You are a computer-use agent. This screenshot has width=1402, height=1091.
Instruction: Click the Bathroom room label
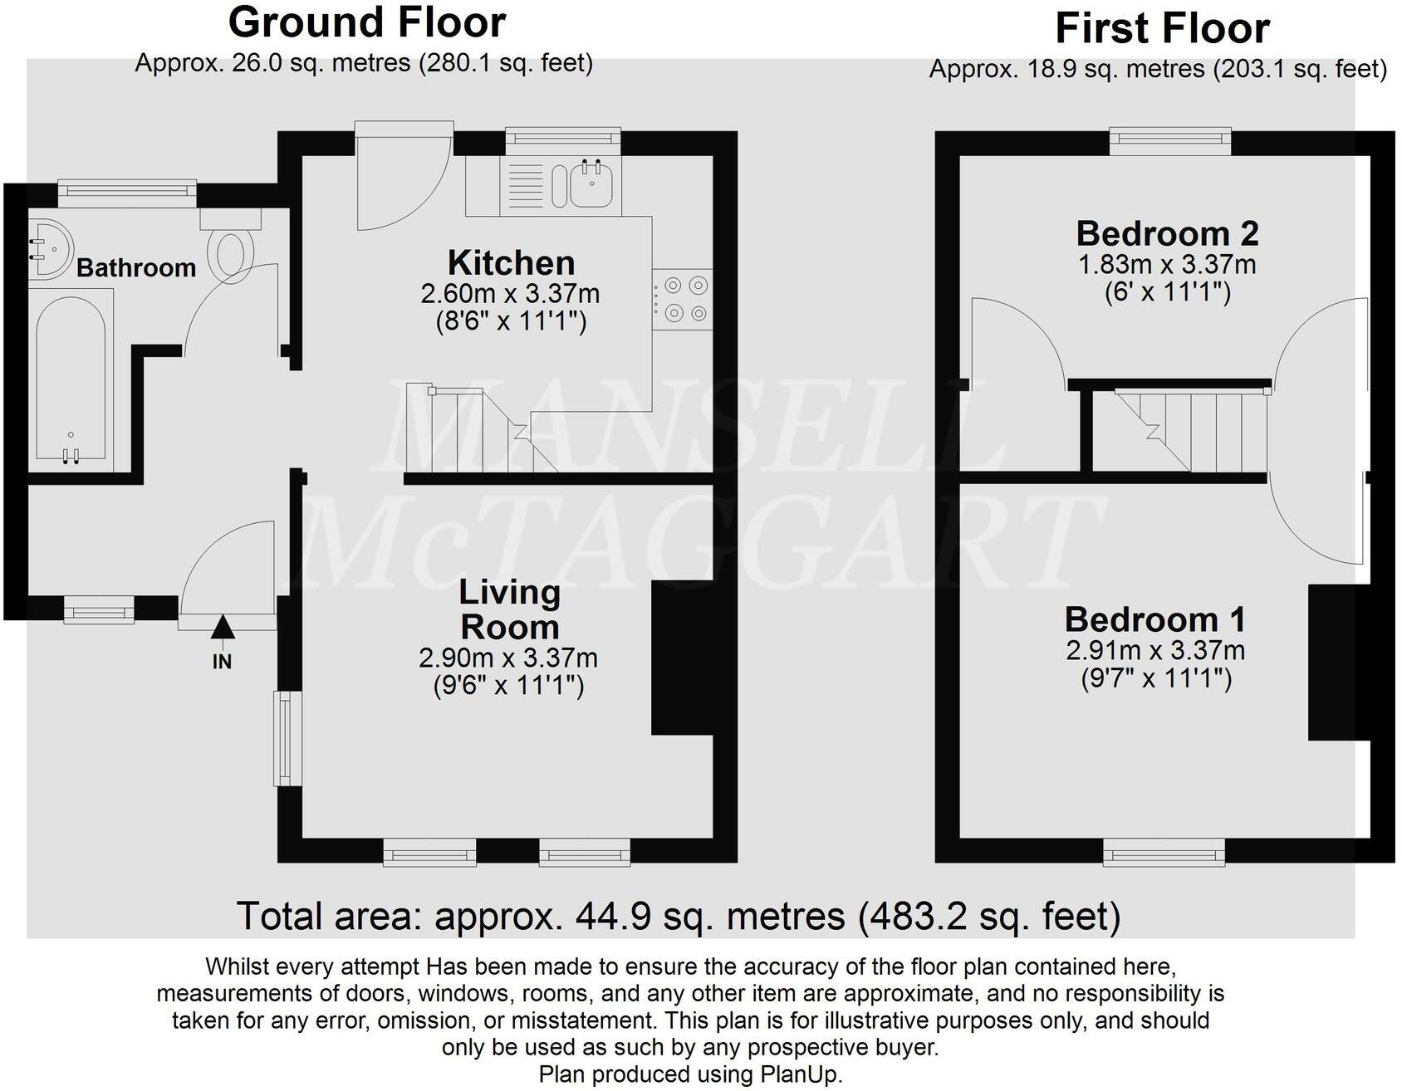coord(136,268)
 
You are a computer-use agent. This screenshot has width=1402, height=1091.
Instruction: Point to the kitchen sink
coord(592,185)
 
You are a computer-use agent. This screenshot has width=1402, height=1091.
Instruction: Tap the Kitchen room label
coord(511,263)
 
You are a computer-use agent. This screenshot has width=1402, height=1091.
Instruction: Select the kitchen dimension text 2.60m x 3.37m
coord(510,293)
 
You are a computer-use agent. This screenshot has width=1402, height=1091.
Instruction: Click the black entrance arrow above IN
coord(222,629)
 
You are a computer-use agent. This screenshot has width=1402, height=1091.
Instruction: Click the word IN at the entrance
coord(222,662)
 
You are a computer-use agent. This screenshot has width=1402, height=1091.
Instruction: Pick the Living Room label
coord(509,610)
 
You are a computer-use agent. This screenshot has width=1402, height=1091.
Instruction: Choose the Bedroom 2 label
coord(1167,233)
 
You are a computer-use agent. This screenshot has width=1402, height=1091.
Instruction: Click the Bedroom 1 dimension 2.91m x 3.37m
coord(1155,650)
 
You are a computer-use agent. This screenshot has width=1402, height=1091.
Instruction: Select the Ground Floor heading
coord(366,22)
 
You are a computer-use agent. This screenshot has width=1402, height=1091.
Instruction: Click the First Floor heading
coord(1162,29)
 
